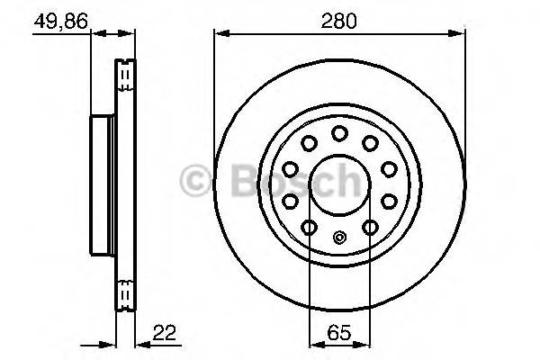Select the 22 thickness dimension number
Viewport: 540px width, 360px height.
[x=163, y=334]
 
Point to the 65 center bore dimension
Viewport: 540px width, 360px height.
[x=339, y=334]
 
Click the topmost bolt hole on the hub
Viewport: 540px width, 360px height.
[x=339, y=133]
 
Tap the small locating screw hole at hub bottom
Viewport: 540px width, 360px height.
[x=339, y=238]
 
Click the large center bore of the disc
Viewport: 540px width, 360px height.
[x=339, y=185]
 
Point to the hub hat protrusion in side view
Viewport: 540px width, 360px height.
[x=102, y=184]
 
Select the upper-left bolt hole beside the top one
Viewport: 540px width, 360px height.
[x=309, y=143]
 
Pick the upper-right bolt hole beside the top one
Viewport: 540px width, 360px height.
[x=369, y=143]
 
